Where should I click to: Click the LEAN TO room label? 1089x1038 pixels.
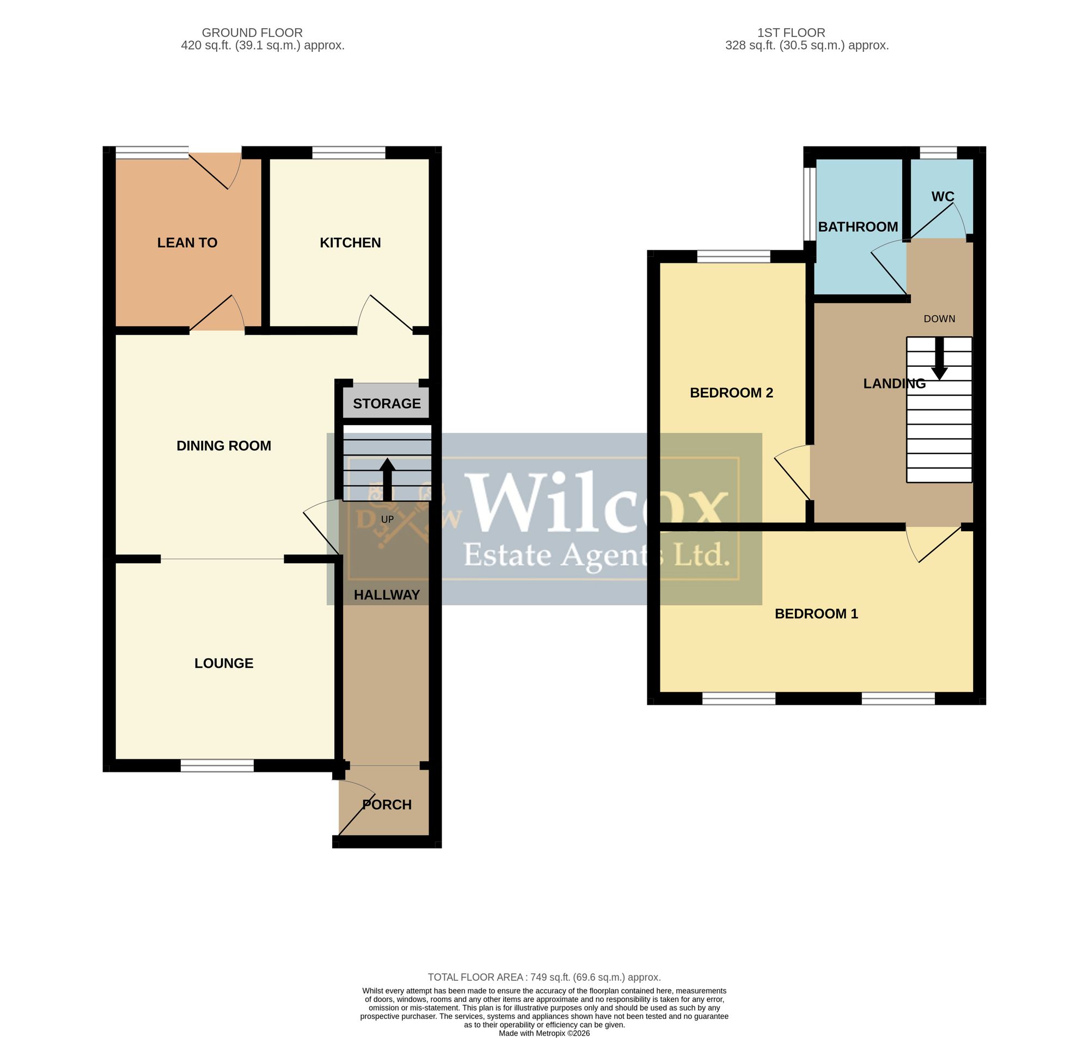(x=187, y=242)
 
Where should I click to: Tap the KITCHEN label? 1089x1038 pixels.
(x=350, y=242)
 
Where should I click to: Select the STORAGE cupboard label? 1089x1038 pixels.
(x=387, y=403)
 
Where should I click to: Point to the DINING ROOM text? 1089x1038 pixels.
(x=224, y=445)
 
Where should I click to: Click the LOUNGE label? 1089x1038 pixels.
(x=224, y=663)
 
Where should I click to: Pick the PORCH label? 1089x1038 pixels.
(x=387, y=804)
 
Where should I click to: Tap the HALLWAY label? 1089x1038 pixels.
(x=387, y=595)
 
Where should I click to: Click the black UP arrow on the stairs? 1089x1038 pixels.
(x=387, y=480)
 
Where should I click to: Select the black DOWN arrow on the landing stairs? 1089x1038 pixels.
(x=939, y=359)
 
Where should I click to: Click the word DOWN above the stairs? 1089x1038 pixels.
(x=939, y=319)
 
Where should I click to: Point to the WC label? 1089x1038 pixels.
(x=943, y=196)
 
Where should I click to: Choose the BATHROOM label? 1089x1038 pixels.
(x=858, y=226)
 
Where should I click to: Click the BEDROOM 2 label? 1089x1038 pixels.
(x=731, y=392)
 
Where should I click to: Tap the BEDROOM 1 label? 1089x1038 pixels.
(x=816, y=613)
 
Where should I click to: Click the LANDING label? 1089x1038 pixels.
(x=894, y=383)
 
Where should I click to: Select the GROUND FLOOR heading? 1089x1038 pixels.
(x=252, y=33)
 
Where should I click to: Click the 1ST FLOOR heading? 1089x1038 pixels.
(x=791, y=33)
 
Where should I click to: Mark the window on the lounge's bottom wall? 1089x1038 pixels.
(x=217, y=765)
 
